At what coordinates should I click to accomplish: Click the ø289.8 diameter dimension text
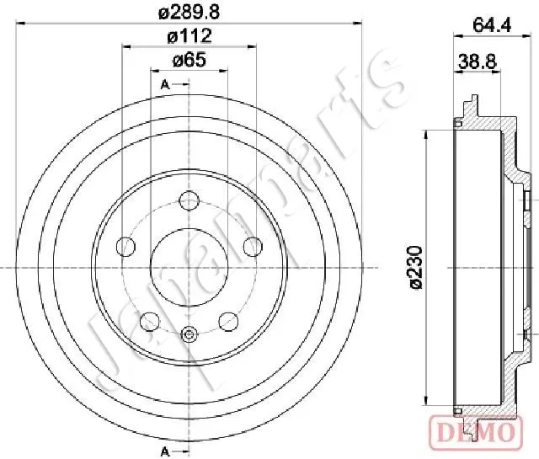[189, 12]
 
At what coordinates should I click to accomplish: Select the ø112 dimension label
[189, 36]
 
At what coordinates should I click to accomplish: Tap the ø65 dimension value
[189, 60]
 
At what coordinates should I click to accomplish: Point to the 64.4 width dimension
[492, 24]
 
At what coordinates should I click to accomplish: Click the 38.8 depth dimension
[478, 62]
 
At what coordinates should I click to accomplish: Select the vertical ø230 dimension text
[415, 268]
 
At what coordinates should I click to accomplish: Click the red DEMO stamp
[477, 432]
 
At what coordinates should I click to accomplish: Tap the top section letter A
[165, 84]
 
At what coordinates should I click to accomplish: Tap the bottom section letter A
[165, 451]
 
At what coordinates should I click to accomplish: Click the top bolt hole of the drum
[189, 200]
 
